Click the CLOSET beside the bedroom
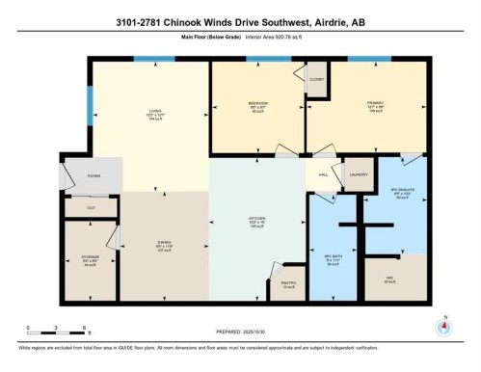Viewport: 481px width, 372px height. coord(315,80)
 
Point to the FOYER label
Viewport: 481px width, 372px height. coord(94,175)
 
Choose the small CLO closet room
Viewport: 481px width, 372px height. coord(91,207)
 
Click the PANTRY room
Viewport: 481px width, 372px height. coord(289,283)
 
